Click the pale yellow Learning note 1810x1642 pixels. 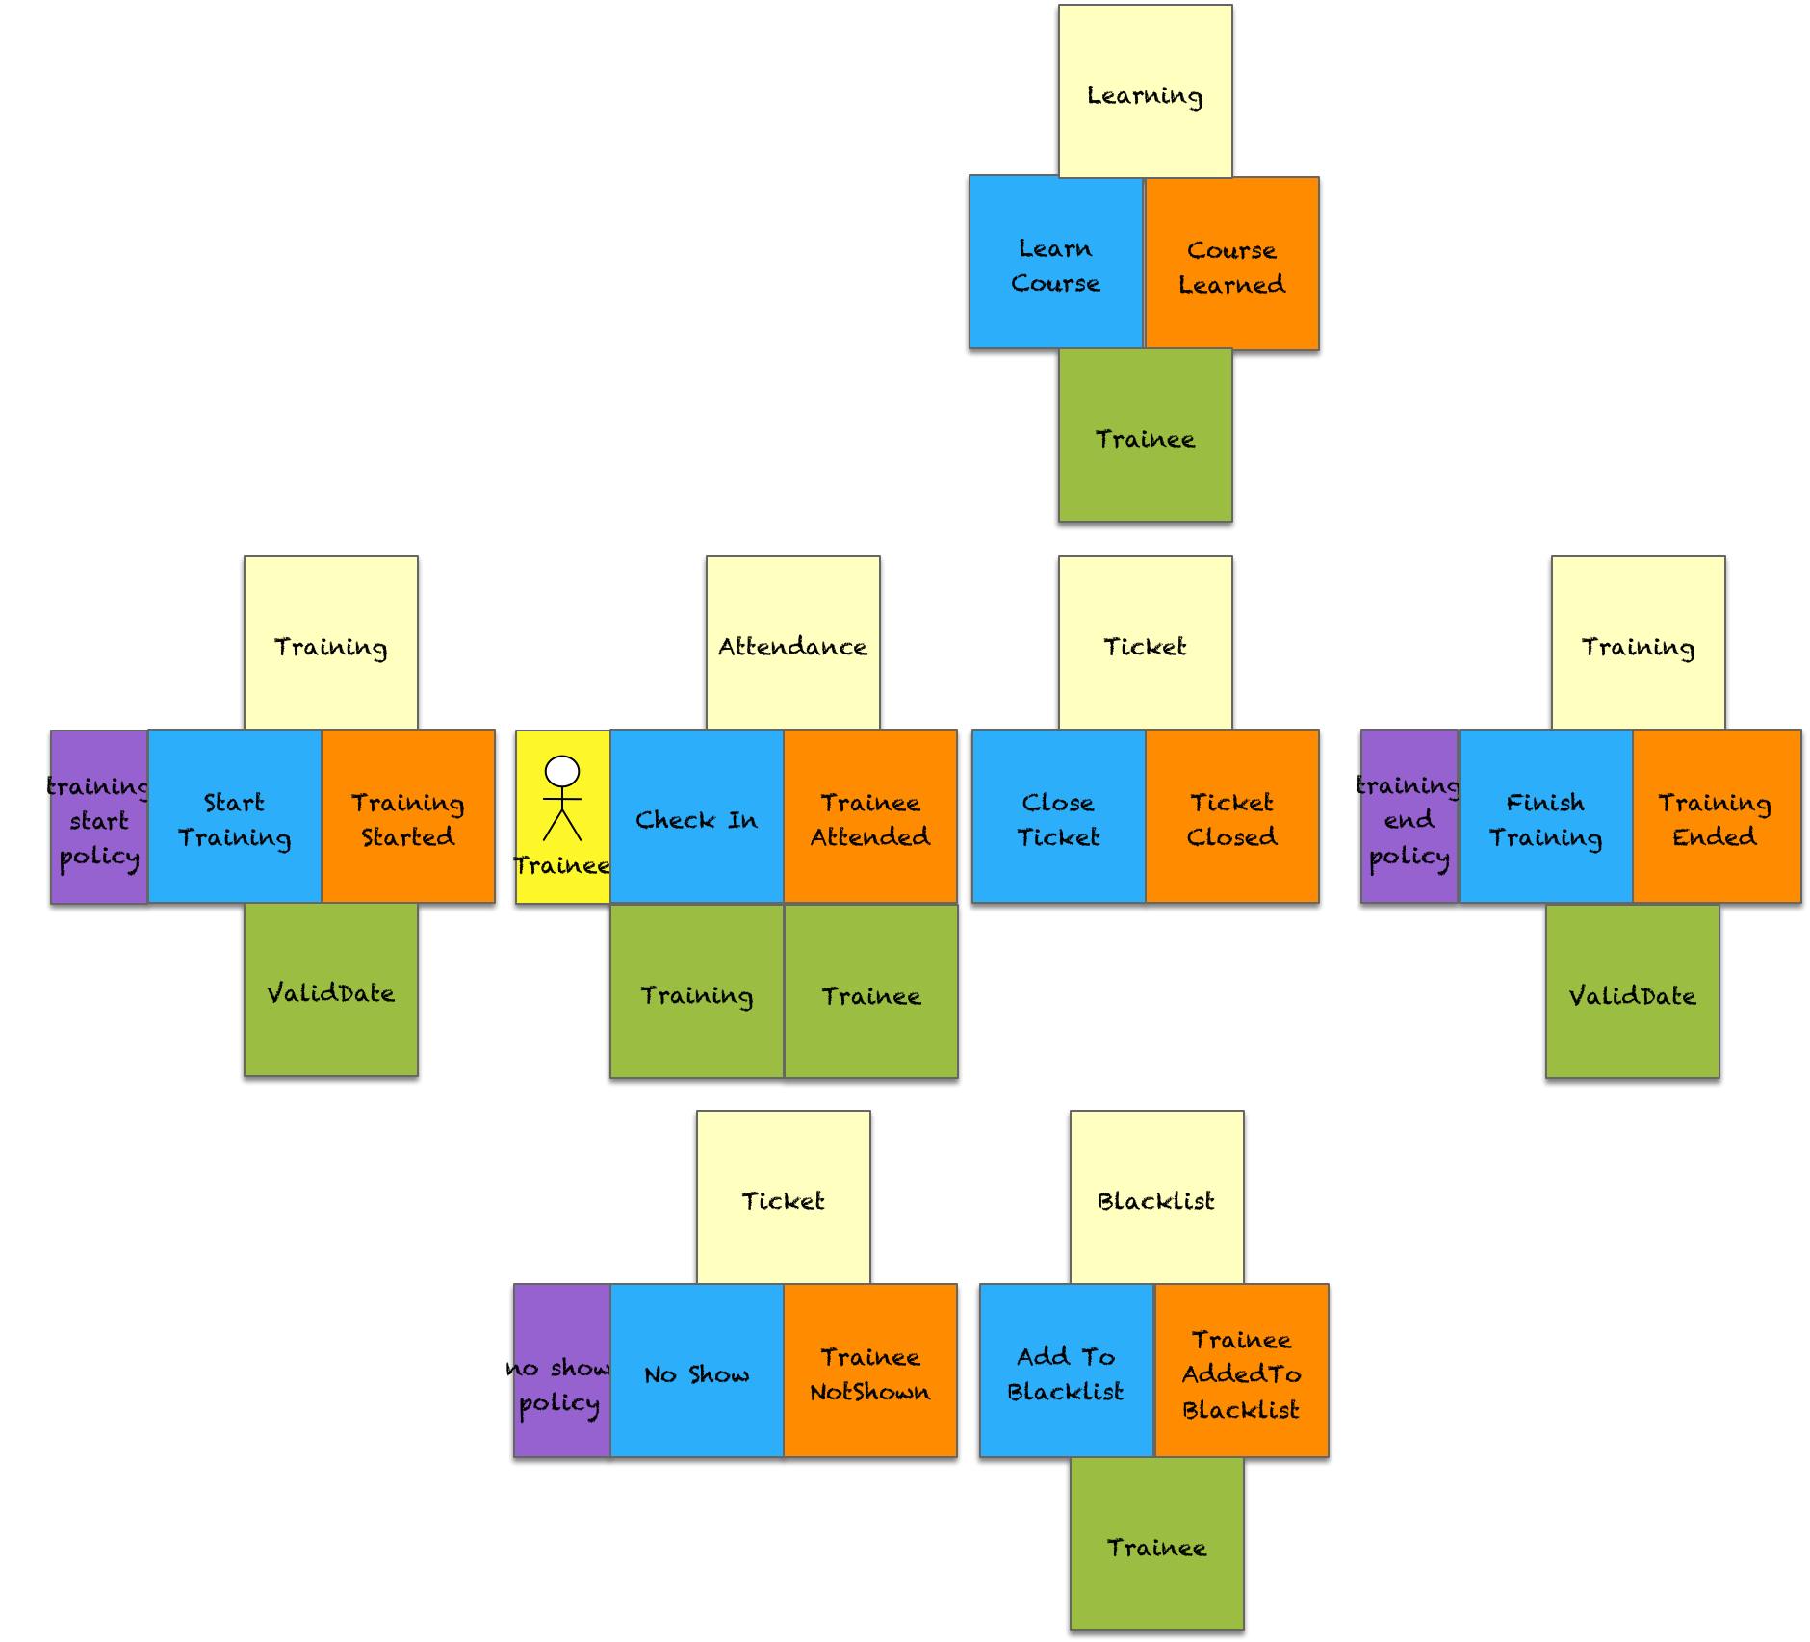[1145, 91]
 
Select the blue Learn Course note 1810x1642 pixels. [1055, 263]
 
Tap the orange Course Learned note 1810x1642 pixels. [1231, 265]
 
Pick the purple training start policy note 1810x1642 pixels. [99, 817]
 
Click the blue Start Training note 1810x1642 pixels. [235, 817]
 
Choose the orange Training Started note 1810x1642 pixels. [408, 817]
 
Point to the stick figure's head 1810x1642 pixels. [562, 771]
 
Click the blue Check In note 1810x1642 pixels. [697, 817]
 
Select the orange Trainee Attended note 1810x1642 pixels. [870, 817]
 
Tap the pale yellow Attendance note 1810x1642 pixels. [792, 643]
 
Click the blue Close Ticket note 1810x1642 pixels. [1058, 817]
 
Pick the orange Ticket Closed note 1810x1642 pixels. [1231, 817]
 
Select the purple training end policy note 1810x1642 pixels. [1409, 817]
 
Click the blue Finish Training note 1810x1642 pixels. [1545, 817]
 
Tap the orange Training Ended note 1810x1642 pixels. [1716, 817]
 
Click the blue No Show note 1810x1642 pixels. [697, 1372]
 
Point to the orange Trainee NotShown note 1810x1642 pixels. [870, 1372]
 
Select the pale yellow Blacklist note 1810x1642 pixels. [1156, 1197]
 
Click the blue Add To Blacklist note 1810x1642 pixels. [1066, 1372]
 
